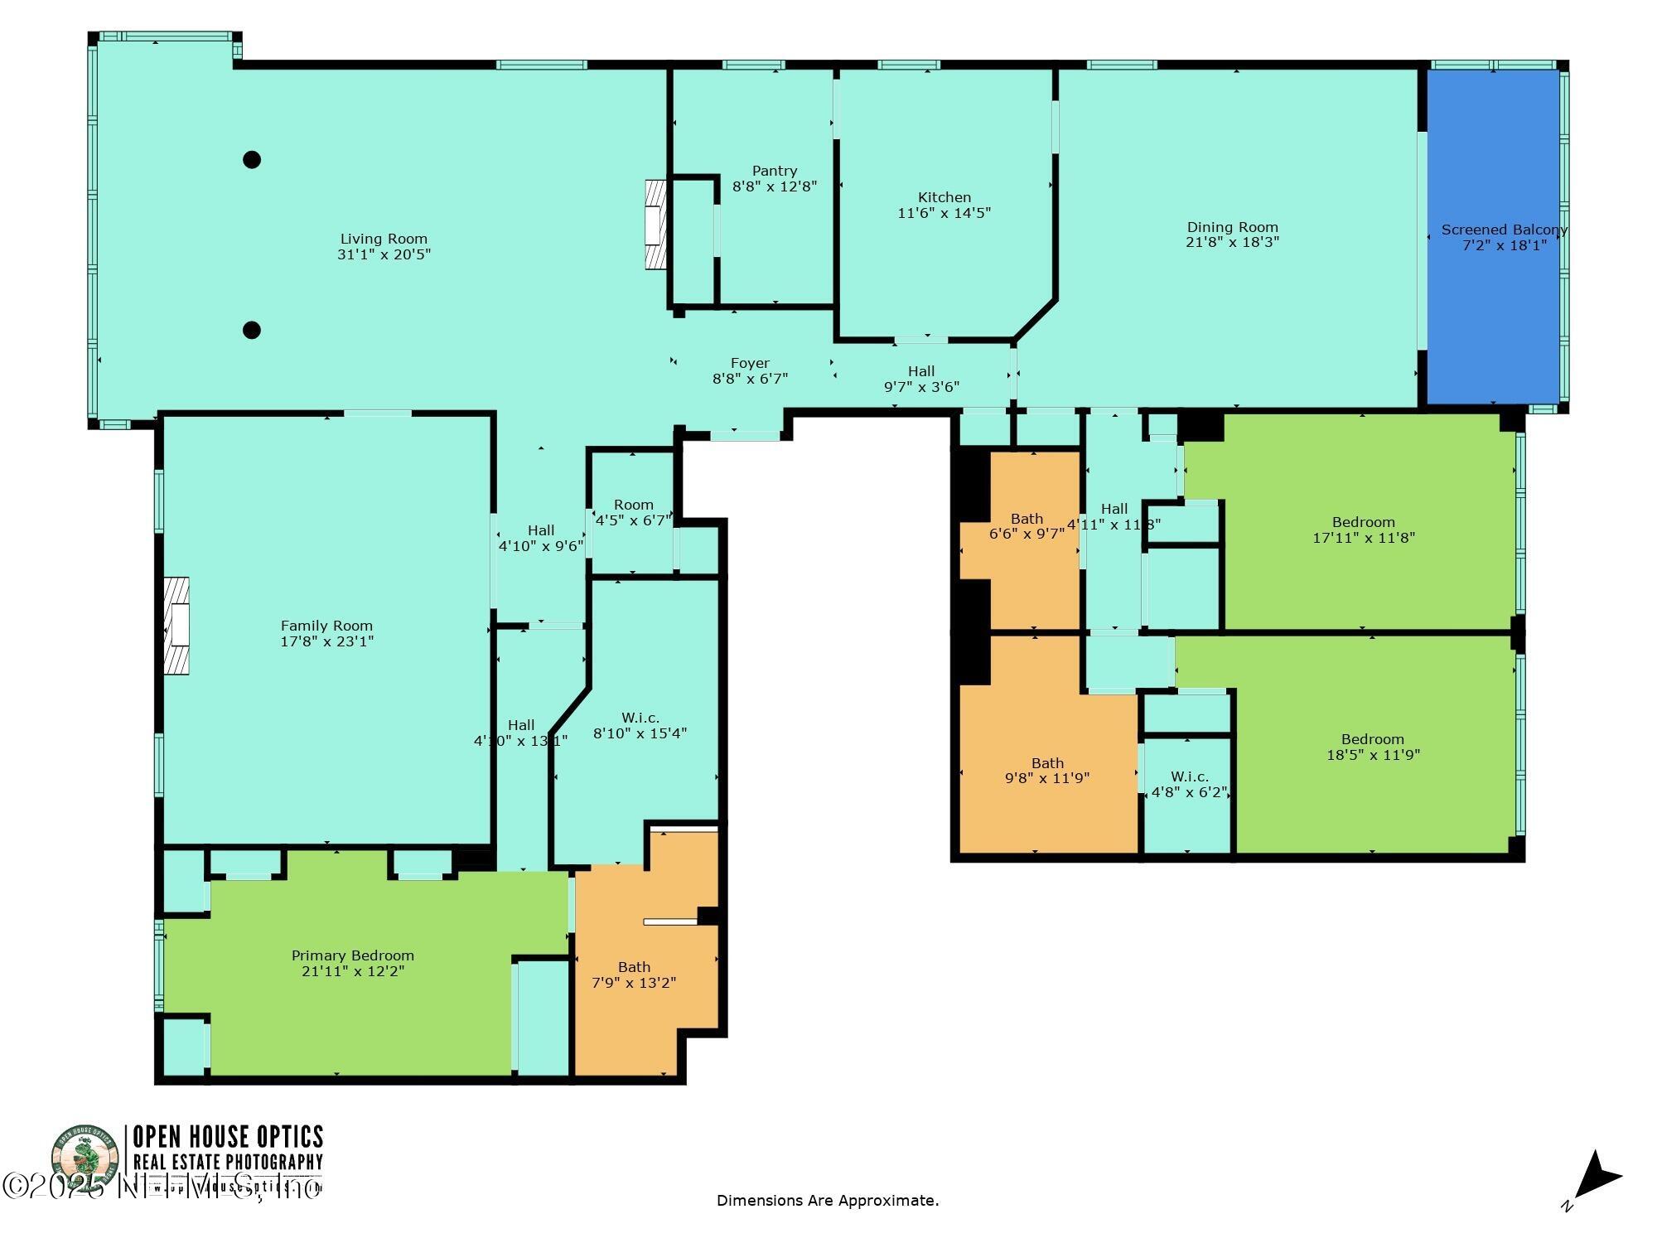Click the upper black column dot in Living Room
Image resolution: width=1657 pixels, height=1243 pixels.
(x=252, y=160)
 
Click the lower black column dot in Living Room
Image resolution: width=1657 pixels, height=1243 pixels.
(x=252, y=330)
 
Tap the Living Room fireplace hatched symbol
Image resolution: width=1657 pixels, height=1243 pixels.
(x=655, y=225)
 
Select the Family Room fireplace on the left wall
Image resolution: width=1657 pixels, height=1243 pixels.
(x=176, y=626)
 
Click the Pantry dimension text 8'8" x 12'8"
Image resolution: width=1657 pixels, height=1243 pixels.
(x=775, y=186)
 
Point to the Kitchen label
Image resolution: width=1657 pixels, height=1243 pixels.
(x=944, y=197)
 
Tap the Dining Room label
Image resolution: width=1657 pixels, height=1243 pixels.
(x=1232, y=227)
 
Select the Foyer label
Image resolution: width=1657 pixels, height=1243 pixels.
(x=750, y=363)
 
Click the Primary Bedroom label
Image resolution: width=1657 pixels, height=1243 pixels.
(x=352, y=955)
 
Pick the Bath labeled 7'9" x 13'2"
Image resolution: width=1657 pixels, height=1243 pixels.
(x=634, y=975)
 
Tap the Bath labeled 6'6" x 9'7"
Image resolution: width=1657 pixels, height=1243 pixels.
(x=1027, y=526)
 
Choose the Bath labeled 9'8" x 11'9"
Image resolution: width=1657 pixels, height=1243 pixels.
(x=1047, y=770)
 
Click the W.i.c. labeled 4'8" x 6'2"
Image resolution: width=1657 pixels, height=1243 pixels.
(x=1189, y=784)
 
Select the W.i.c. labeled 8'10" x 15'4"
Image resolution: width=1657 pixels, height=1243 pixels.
(x=640, y=725)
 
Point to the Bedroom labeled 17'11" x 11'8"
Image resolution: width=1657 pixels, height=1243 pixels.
(x=1363, y=529)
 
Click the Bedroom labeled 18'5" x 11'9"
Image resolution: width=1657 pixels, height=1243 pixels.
(x=1372, y=746)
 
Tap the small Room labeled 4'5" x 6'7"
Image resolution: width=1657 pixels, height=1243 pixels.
(x=633, y=512)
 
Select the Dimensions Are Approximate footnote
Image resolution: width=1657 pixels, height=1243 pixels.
(x=827, y=1200)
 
